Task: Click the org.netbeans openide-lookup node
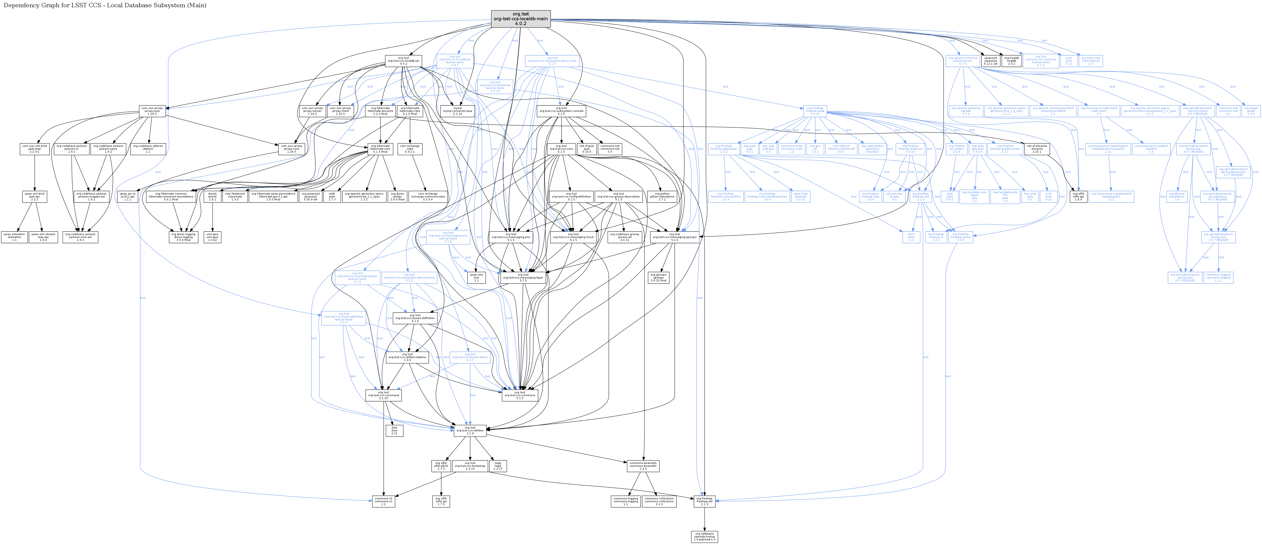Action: pos(705,536)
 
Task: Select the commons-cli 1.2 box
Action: pos(384,501)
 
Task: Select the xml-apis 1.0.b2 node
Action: pos(212,237)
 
